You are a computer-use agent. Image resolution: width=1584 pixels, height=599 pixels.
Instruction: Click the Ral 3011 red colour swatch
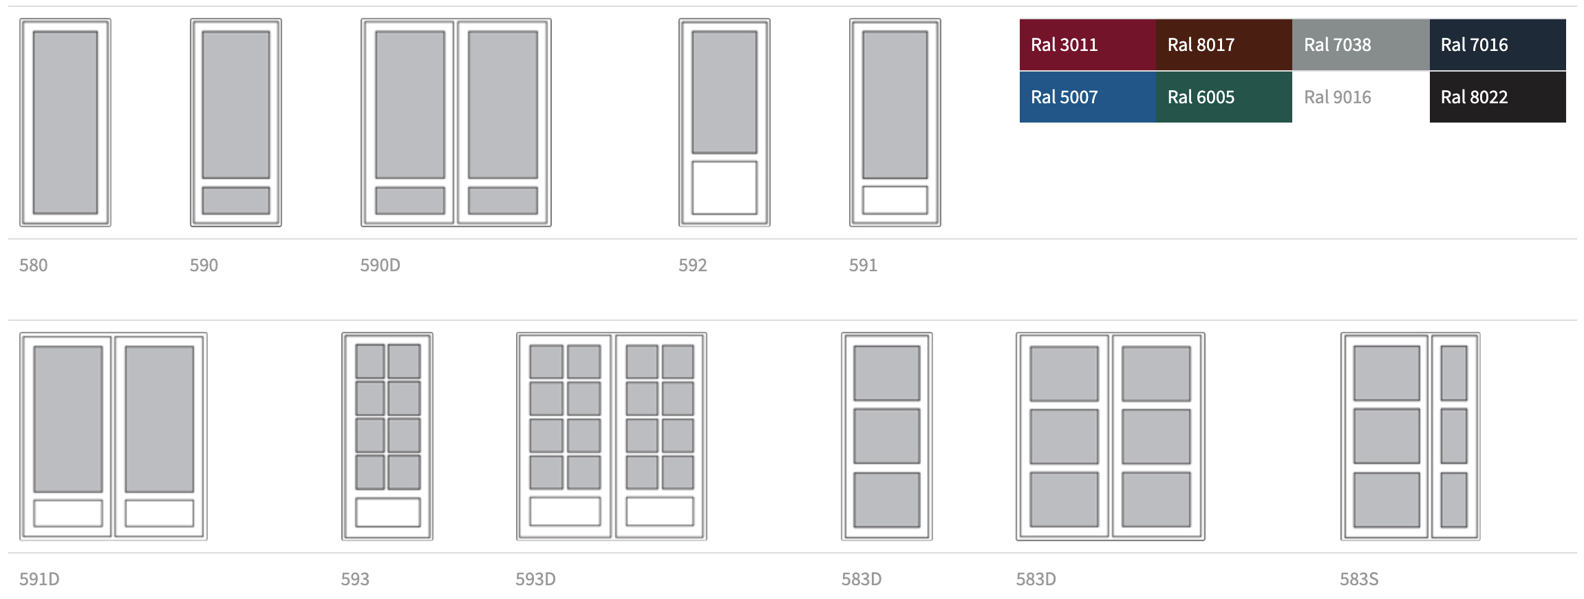click(1087, 45)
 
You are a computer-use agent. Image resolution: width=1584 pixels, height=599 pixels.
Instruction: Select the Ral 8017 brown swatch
click(1223, 45)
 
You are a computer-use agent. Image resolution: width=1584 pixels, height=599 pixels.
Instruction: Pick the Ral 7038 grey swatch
click(1360, 45)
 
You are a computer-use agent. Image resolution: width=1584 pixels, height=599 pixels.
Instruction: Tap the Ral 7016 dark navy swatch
click(1497, 45)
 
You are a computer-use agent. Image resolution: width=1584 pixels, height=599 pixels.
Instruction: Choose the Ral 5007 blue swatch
click(1087, 97)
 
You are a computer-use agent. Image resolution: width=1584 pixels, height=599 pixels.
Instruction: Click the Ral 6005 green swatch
click(1223, 97)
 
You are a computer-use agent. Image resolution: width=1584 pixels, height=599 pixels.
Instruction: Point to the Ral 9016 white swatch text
click(1338, 97)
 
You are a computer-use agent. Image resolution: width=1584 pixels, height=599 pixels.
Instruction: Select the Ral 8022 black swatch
click(1497, 97)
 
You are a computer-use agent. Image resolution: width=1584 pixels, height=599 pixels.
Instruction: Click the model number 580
click(34, 265)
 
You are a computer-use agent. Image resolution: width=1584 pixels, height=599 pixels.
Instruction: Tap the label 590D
click(380, 265)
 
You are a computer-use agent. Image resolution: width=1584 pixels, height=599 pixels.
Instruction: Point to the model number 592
click(692, 265)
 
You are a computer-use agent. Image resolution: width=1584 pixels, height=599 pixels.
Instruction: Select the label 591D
click(39, 579)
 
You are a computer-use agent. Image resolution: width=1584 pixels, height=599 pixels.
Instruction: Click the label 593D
click(535, 579)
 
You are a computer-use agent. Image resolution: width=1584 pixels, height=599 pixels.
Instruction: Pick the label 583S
click(1359, 579)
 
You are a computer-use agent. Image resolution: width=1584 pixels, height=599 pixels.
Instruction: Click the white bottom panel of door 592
click(724, 187)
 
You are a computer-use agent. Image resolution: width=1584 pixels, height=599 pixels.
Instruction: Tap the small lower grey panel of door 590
click(236, 200)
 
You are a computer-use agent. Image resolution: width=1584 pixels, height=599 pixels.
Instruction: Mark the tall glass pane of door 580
click(65, 122)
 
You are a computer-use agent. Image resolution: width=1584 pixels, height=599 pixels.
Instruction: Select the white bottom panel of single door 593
click(387, 512)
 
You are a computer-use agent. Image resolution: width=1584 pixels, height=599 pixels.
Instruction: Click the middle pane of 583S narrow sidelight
click(1454, 436)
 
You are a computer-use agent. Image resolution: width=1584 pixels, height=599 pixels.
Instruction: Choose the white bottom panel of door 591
click(895, 200)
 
